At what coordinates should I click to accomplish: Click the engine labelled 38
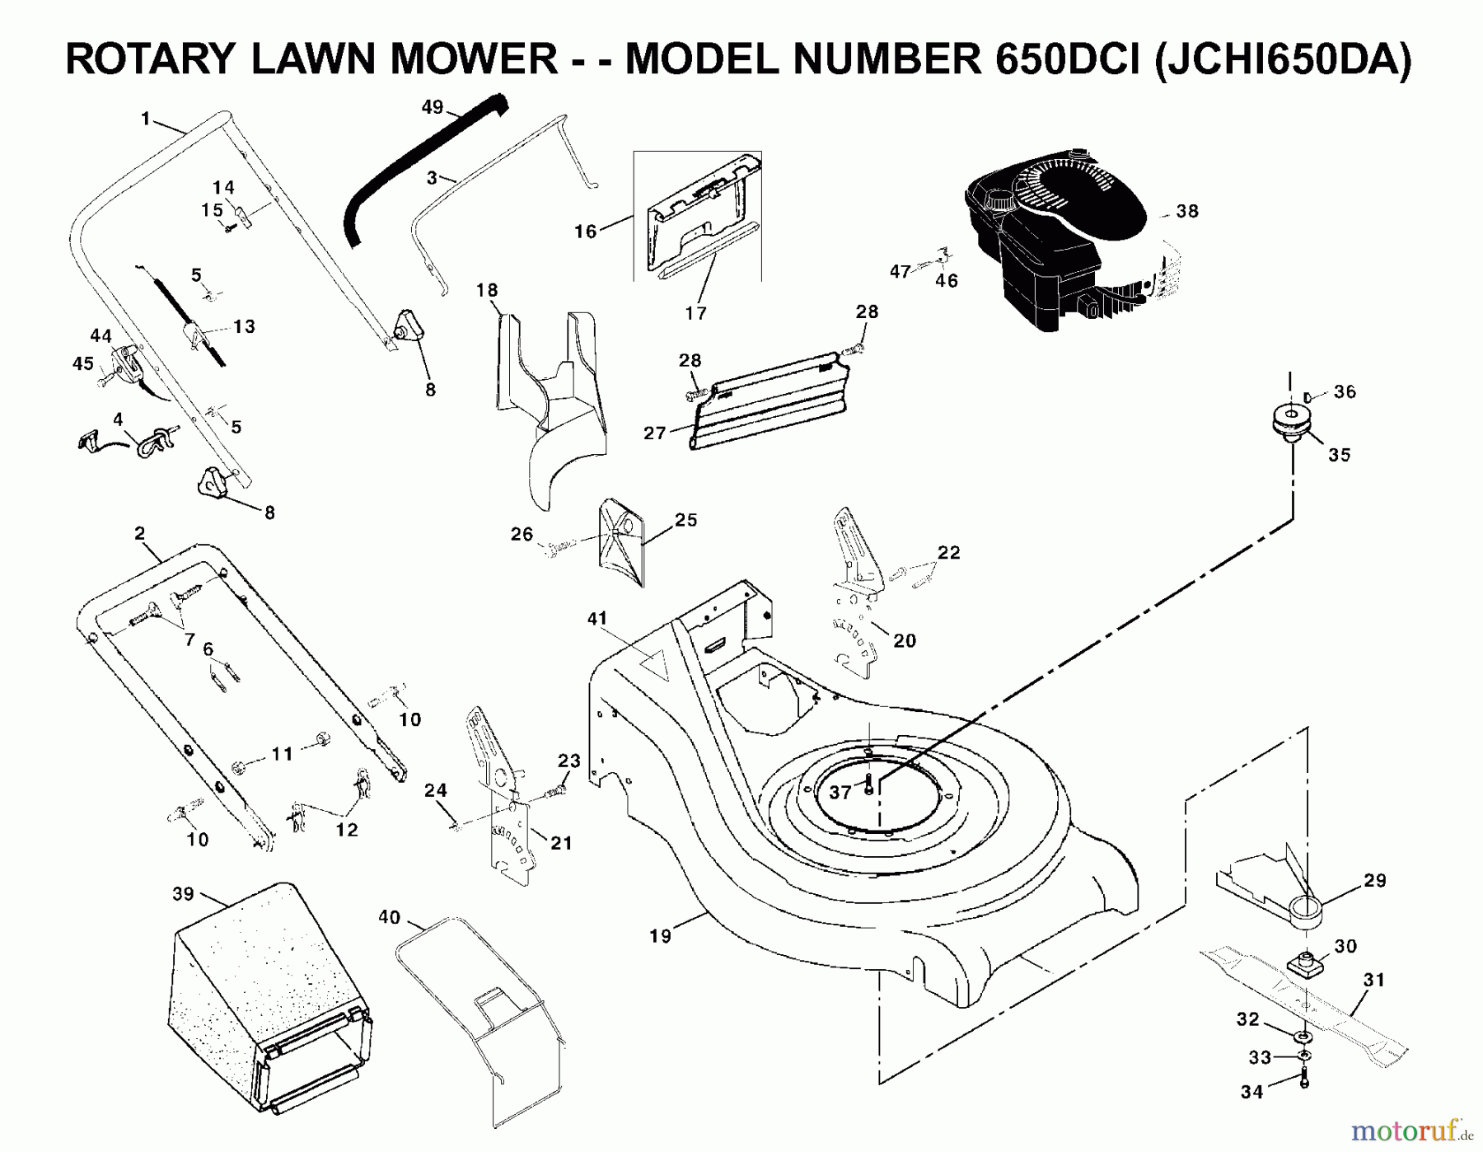pos(1063,239)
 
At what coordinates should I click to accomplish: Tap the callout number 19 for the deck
pos(660,936)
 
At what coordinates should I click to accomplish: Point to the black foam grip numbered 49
pos(420,165)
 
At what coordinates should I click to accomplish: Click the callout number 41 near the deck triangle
pos(597,618)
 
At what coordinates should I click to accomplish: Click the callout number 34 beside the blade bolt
pos(1251,1092)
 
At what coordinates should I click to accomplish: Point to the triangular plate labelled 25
pos(622,540)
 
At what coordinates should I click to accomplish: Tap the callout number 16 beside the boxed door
pos(585,232)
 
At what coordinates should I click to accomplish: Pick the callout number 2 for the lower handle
pos(139,533)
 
